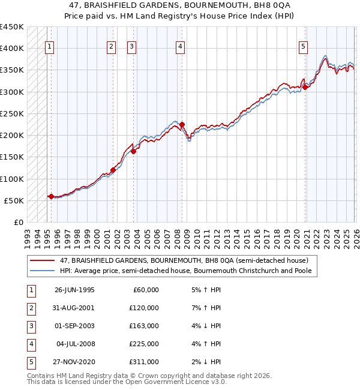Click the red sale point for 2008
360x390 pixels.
point(182,125)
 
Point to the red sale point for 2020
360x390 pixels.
point(305,87)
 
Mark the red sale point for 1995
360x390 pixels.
point(51,196)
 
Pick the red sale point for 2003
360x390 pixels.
point(133,151)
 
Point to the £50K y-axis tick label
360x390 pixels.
point(14,200)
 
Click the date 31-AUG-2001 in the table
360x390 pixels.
point(74,308)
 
